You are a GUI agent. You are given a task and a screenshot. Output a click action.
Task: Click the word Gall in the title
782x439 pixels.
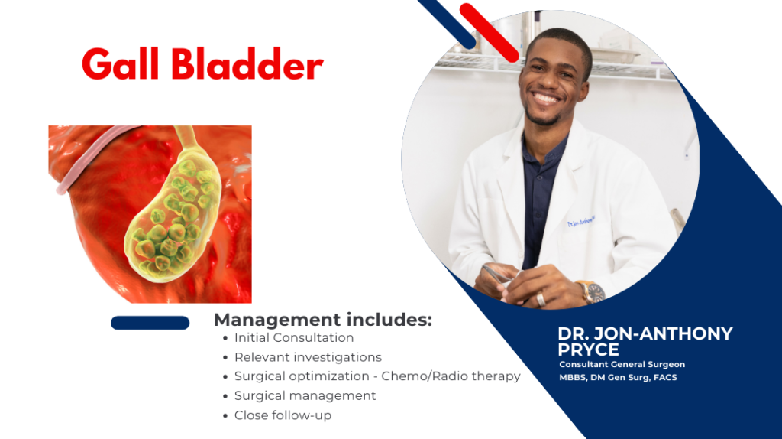120,63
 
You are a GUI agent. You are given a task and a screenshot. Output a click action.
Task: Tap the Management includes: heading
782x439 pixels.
323,320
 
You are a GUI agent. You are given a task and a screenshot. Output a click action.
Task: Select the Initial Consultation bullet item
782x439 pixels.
294,337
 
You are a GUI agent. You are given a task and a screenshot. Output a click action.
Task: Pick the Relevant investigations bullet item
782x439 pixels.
308,357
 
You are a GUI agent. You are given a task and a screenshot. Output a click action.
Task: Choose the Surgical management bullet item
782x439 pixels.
305,395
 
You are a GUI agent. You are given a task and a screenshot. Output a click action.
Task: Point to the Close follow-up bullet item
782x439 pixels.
283,415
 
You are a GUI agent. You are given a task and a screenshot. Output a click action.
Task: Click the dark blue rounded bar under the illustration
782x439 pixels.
150,323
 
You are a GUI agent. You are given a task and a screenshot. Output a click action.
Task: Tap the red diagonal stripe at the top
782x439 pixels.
489,32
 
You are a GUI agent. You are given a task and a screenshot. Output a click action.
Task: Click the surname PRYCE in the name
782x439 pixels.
588,349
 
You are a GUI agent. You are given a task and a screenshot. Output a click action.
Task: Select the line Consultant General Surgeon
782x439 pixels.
622,364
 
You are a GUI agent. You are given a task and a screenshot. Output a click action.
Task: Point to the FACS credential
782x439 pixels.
665,377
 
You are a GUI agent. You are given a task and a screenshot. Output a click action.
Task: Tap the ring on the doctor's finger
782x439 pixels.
541,299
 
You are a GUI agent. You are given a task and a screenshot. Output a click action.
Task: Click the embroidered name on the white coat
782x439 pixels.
581,221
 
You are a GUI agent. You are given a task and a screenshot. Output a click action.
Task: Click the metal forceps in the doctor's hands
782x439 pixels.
497,275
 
